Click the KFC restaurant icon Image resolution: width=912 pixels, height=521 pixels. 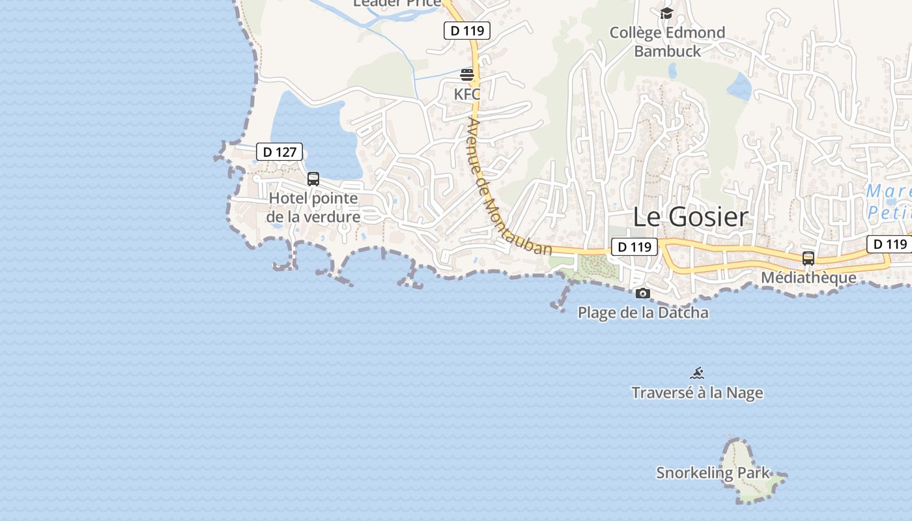click(x=467, y=74)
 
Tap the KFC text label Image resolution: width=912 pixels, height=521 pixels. click(x=467, y=94)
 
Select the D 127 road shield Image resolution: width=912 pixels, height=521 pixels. click(x=279, y=152)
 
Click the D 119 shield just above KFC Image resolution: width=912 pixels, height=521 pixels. click(x=466, y=30)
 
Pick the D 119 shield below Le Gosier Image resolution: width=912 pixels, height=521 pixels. click(x=634, y=247)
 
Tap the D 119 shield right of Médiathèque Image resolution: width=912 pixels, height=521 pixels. click(x=889, y=244)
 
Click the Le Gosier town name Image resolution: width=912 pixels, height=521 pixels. click(x=691, y=217)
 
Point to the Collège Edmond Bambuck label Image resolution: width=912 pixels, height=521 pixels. click(x=667, y=42)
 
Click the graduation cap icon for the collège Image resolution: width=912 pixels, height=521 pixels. click(x=666, y=13)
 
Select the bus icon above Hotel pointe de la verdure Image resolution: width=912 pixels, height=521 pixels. click(x=313, y=179)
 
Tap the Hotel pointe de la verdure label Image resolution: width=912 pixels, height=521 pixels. click(x=313, y=208)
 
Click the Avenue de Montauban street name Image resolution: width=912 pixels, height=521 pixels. click(x=508, y=189)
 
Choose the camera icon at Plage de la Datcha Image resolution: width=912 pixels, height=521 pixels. click(x=643, y=294)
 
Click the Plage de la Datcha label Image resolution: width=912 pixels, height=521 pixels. click(x=643, y=313)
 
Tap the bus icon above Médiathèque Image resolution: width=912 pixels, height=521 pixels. click(x=808, y=258)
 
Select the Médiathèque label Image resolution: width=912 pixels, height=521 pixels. click(x=808, y=278)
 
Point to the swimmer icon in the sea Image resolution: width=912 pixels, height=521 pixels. click(x=697, y=373)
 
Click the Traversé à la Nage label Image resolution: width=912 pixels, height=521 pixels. click(x=697, y=393)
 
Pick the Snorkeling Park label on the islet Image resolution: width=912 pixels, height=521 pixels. click(x=713, y=473)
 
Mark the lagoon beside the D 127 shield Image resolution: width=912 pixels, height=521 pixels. click(x=313, y=130)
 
